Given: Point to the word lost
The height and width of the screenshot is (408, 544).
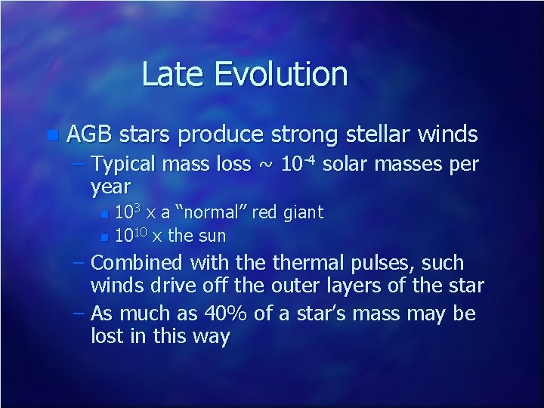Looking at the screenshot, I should (x=107, y=335).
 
